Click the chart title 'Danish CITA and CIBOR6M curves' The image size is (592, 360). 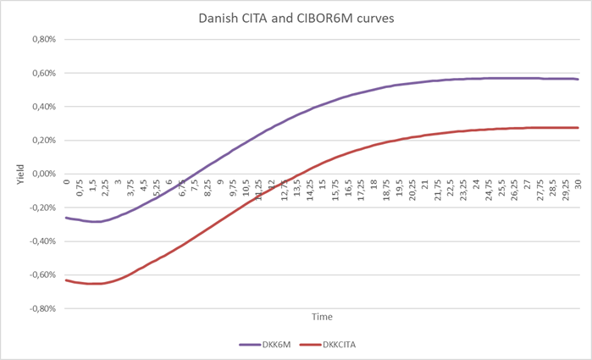[x=296, y=17]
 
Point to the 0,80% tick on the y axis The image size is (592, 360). [x=42, y=39]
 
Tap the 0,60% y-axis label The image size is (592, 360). [x=42, y=73]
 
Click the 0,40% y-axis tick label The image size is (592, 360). [x=42, y=107]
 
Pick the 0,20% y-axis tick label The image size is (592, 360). [x=42, y=141]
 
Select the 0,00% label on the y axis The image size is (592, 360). [x=42, y=174]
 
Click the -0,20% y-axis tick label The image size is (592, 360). [x=41, y=208]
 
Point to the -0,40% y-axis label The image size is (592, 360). [x=41, y=241]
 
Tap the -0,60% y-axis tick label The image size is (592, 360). [x=41, y=275]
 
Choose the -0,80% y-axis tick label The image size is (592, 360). [x=41, y=309]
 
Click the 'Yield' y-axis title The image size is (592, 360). [x=11, y=174]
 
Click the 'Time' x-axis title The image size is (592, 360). [x=321, y=316]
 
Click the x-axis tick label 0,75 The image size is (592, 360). [x=80, y=188]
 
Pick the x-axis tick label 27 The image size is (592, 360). [x=526, y=185]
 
